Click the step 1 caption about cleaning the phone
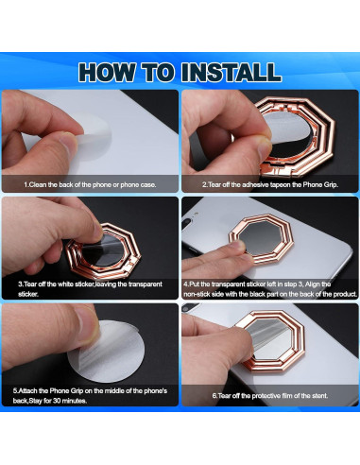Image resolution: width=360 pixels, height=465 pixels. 90,184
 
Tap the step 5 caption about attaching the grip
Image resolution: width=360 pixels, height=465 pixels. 90,394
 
